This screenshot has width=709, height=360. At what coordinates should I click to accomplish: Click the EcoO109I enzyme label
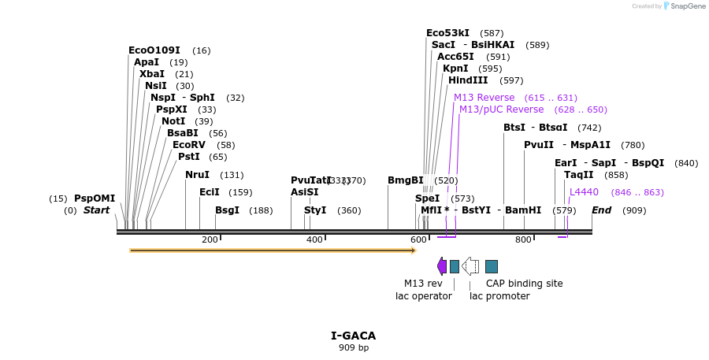[x=154, y=50]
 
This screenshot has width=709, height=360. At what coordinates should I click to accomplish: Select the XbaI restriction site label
[x=152, y=74]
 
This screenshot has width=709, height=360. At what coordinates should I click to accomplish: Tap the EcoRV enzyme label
[x=188, y=145]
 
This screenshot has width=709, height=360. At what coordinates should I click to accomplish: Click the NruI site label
[x=197, y=175]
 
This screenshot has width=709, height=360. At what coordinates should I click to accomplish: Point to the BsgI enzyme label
[x=227, y=210]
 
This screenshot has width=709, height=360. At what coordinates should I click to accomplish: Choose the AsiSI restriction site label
[x=304, y=192]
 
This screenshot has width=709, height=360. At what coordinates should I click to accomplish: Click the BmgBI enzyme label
[x=405, y=180]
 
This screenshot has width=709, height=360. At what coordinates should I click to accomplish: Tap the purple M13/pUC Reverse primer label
[x=501, y=109]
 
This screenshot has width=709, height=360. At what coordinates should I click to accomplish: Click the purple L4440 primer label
[x=584, y=192]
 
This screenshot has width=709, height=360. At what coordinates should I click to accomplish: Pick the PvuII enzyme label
[x=539, y=145]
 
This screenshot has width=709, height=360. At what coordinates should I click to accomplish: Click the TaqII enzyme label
[x=579, y=175]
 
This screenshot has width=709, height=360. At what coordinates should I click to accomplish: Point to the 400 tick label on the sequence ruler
[x=314, y=239]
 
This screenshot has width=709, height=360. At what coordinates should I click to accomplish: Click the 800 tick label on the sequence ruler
[x=523, y=239]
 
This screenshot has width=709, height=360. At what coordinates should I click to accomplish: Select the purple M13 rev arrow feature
[x=442, y=266]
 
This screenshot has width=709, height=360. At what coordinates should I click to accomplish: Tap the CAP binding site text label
[x=524, y=284]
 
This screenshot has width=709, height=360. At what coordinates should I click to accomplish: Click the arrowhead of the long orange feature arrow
[x=413, y=251]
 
